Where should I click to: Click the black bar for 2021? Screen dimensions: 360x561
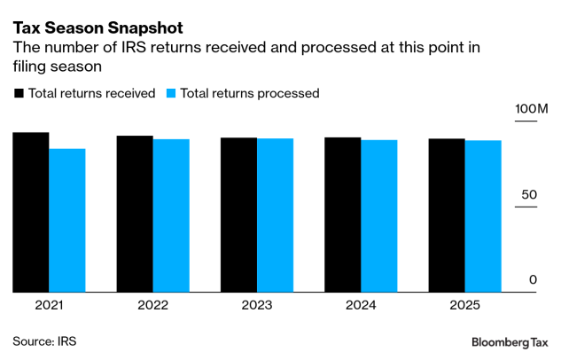pyautogui.click(x=31, y=212)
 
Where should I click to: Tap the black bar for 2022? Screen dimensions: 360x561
pyautogui.click(x=135, y=214)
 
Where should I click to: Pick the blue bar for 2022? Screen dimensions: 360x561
pyautogui.click(x=171, y=215)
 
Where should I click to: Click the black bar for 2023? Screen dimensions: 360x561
pyautogui.click(x=238, y=215)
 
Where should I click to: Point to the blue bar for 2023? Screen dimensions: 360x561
pyautogui.click(x=275, y=215)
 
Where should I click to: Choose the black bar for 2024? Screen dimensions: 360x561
pyautogui.click(x=342, y=215)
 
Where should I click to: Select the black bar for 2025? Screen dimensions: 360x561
pyautogui.click(x=446, y=215)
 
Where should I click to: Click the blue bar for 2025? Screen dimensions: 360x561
pyautogui.click(x=483, y=216)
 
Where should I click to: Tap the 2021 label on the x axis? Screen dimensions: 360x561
pyautogui.click(x=50, y=305)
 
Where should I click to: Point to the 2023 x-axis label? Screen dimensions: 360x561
pyautogui.click(x=257, y=305)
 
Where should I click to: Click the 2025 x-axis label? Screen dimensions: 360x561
pyautogui.click(x=464, y=305)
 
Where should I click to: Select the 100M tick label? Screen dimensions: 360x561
pyautogui.click(x=532, y=109)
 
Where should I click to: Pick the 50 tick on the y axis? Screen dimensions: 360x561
pyautogui.click(x=528, y=194)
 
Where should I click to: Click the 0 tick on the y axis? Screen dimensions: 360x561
pyautogui.click(x=533, y=280)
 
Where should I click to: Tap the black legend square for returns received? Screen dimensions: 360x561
pyautogui.click(x=19, y=92)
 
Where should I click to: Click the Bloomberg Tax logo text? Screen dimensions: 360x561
pyautogui.click(x=510, y=342)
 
